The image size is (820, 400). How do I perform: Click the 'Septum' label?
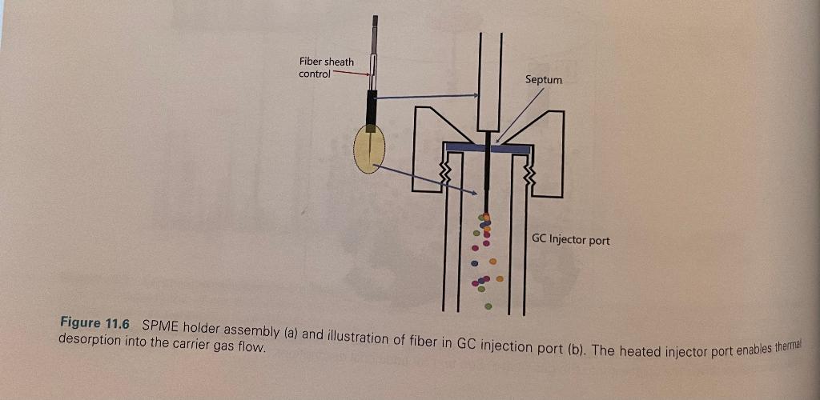543,79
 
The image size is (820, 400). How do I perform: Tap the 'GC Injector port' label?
570,239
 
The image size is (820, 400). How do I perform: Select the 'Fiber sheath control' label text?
326,68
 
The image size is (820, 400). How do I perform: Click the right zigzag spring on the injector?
528,174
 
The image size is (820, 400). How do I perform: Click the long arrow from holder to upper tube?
424,97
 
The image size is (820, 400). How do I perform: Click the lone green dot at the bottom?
488,306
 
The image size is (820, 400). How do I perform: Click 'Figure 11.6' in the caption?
94,323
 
